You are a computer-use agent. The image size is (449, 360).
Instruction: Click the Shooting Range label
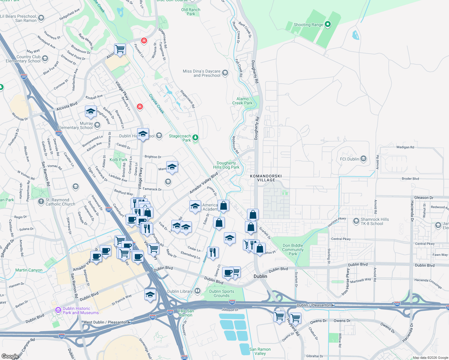308,25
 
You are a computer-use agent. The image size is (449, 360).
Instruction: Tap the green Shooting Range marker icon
328,24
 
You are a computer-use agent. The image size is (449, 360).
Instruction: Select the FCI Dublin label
349,159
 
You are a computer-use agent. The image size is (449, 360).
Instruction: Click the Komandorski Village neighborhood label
266,178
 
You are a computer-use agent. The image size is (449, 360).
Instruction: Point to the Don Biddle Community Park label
293,250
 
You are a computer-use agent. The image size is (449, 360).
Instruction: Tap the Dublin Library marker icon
197,291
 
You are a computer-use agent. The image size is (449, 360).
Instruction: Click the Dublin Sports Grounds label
221,293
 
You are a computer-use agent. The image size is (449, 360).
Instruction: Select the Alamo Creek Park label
242,101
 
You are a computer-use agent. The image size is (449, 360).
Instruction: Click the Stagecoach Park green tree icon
195,137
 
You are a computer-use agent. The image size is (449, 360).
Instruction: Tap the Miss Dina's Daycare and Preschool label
202,73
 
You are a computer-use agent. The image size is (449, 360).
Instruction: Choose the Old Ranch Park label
191,12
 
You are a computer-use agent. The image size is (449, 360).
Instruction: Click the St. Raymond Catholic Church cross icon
41,202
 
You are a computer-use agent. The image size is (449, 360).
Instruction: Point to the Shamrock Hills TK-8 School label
375,221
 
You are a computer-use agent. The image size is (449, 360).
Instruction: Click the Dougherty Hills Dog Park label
226,165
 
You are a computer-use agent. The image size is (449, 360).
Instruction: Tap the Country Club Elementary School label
23,59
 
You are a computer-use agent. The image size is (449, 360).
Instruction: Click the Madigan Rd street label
405,147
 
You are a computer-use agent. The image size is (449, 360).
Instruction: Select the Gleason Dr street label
423,198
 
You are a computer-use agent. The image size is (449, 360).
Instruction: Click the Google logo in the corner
10,356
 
